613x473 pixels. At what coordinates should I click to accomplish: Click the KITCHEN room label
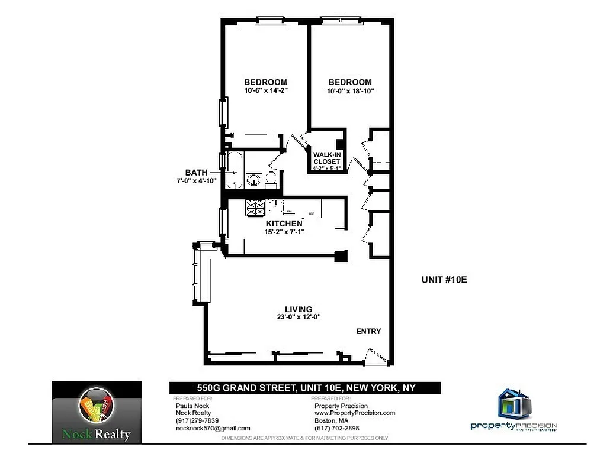(284, 223)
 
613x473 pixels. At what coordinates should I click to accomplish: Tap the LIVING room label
(299, 309)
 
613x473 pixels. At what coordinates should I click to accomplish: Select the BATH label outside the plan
(196, 172)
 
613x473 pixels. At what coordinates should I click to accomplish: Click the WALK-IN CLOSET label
(327, 158)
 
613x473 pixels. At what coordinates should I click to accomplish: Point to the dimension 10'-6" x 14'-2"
(266, 91)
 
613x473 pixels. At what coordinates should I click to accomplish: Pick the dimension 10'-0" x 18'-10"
(350, 91)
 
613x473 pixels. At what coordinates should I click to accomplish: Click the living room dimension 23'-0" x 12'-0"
(299, 317)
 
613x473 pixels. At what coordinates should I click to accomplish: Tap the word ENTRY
(368, 332)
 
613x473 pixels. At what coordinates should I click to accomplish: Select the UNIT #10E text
(444, 280)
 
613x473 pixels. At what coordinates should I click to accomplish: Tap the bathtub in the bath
(234, 170)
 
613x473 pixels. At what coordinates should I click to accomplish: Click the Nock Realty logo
(97, 413)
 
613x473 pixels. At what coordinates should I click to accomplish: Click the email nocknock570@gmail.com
(213, 428)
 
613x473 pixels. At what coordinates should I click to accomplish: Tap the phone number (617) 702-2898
(336, 428)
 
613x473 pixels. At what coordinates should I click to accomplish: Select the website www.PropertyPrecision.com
(354, 413)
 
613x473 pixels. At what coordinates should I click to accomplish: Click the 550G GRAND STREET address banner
(305, 388)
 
